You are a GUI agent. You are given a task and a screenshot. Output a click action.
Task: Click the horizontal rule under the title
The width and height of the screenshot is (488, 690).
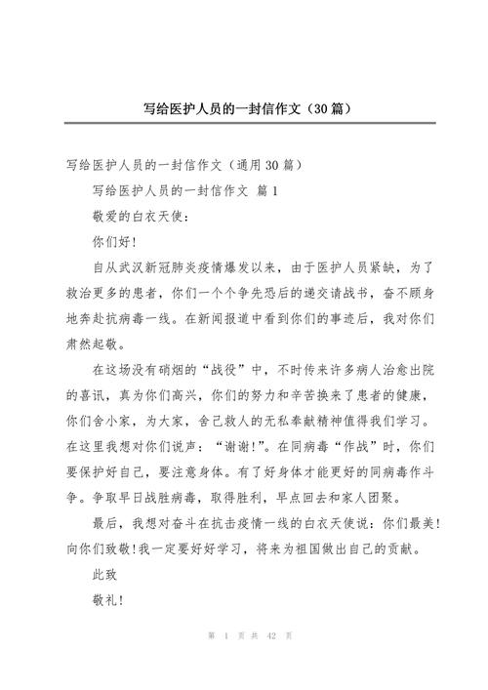coord(243,124)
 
